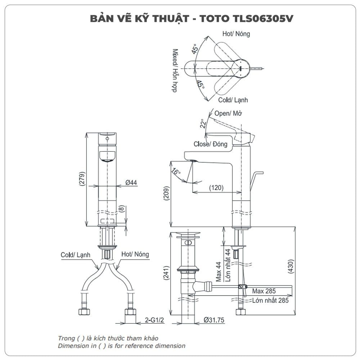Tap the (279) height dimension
[82, 180]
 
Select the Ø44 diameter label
[131, 183]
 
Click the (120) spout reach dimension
[216, 188]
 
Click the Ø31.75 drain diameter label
[214, 320]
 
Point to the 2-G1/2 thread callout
[154, 320]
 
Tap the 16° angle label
[176, 171]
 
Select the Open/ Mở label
[228, 113]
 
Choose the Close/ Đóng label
[211, 144]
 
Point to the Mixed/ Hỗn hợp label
[175, 71]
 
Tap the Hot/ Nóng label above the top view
[236, 34]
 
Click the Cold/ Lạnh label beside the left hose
[75, 255]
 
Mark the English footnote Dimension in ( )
[122, 346]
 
